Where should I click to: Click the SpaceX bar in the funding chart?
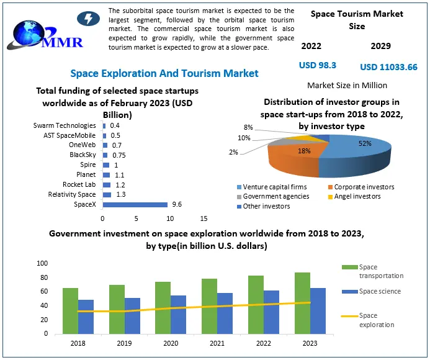135,205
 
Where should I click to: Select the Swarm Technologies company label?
65,126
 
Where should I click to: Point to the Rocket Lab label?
79,185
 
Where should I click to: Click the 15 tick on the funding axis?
204,218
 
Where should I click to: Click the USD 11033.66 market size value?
388,67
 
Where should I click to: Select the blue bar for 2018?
86,317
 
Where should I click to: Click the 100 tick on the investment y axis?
43,263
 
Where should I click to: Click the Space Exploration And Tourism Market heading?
164,74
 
